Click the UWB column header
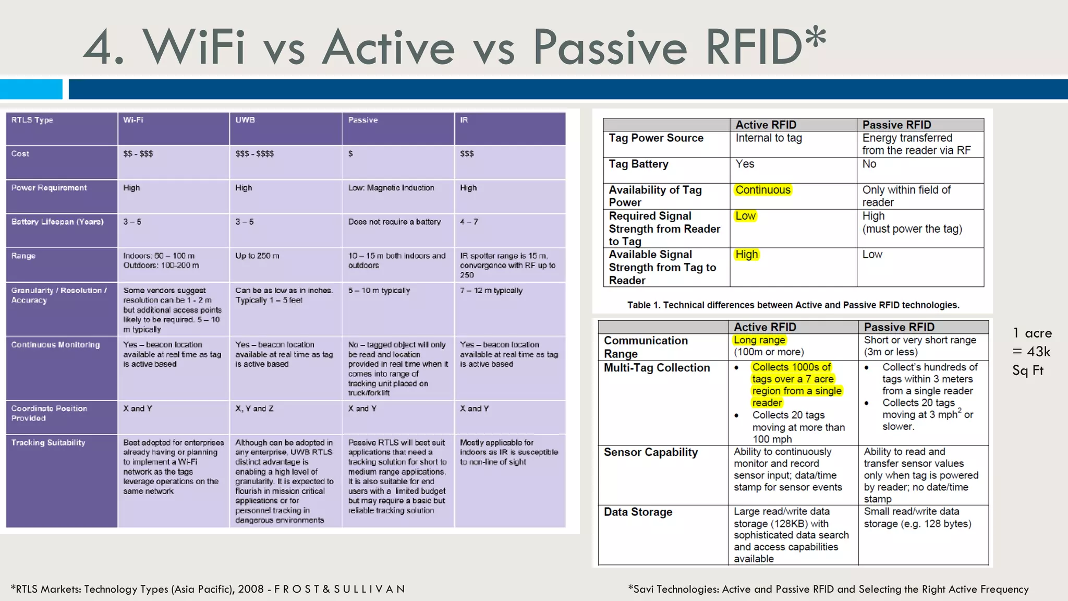coord(245,120)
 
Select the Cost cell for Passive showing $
coord(350,154)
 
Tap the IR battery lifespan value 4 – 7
coord(469,222)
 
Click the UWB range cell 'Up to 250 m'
coord(257,256)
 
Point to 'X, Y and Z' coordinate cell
coord(254,408)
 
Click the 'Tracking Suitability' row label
coord(48,442)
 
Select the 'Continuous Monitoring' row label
coord(55,345)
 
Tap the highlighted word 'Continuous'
coord(762,190)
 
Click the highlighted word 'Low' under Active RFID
coord(745,216)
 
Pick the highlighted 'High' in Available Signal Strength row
coord(746,255)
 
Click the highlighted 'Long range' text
coord(759,340)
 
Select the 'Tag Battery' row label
coord(638,164)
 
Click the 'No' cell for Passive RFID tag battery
coord(869,164)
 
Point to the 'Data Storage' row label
coord(638,512)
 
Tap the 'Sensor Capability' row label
coord(650,452)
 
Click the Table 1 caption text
coord(793,305)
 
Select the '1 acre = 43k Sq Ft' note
coord(1031,352)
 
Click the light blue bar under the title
coord(31,89)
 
